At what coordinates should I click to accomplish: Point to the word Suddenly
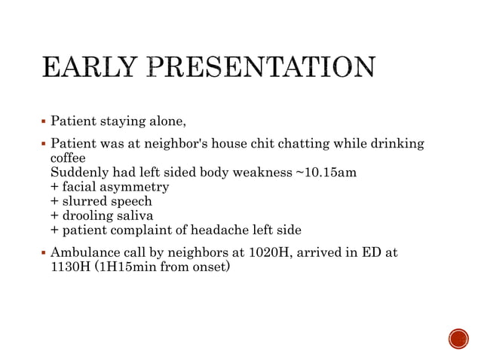pyautogui.click(x=77, y=173)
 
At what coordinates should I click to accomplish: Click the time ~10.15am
pyautogui.click(x=324, y=173)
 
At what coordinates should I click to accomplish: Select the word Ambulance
pyautogui.click(x=82, y=252)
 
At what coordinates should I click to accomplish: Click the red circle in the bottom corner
pyautogui.click(x=458, y=338)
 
